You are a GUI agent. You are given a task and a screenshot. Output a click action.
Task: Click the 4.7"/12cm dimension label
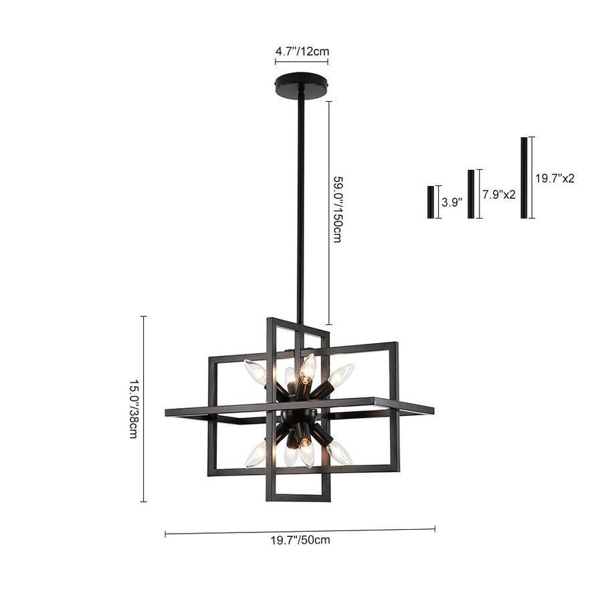[x=302, y=52]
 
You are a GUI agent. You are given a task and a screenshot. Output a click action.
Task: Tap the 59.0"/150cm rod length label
[x=336, y=209]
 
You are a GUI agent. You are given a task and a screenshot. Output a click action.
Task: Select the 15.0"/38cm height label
[x=133, y=409]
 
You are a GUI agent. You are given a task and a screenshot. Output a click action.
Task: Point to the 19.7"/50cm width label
[x=300, y=540]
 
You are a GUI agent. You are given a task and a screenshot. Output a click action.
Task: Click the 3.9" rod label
[x=451, y=202]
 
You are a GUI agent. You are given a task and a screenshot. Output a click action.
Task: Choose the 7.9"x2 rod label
[x=499, y=195]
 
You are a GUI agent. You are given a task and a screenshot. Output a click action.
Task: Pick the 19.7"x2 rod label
[x=555, y=179]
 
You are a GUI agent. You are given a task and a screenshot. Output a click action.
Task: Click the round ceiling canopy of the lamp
[x=302, y=86]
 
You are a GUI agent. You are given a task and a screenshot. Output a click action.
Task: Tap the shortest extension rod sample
[x=431, y=202]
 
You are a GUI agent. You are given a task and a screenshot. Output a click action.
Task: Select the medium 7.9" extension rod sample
[x=471, y=194]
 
